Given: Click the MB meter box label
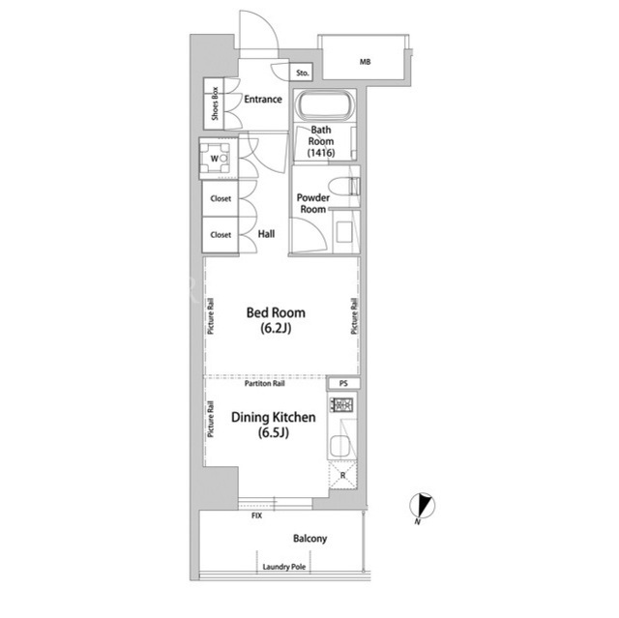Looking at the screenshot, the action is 366,62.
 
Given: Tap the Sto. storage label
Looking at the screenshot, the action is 303,73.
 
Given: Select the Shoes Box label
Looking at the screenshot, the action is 215,103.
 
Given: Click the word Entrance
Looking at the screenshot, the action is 263,99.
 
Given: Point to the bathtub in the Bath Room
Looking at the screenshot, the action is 326,105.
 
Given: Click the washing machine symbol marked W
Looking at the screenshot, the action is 215,159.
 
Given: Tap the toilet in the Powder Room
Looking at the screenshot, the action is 343,187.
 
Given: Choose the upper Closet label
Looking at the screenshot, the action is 221,198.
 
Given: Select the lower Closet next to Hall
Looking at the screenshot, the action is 221,235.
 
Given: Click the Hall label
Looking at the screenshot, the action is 267,234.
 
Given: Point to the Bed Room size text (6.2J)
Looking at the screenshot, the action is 276,328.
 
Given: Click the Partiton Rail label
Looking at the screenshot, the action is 264,384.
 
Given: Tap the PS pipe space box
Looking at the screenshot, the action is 343,384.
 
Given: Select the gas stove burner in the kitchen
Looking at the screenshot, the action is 341,404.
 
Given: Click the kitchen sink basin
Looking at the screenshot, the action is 340,446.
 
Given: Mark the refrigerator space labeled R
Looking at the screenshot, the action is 342,475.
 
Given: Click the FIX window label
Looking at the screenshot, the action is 256,515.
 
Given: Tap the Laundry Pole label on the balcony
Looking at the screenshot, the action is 284,567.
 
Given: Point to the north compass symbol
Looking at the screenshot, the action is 423,506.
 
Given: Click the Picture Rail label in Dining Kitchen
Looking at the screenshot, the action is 211,419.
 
